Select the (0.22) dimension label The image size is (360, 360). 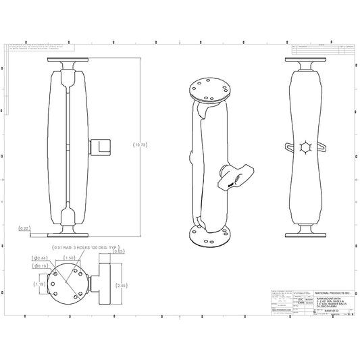point(25,228)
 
